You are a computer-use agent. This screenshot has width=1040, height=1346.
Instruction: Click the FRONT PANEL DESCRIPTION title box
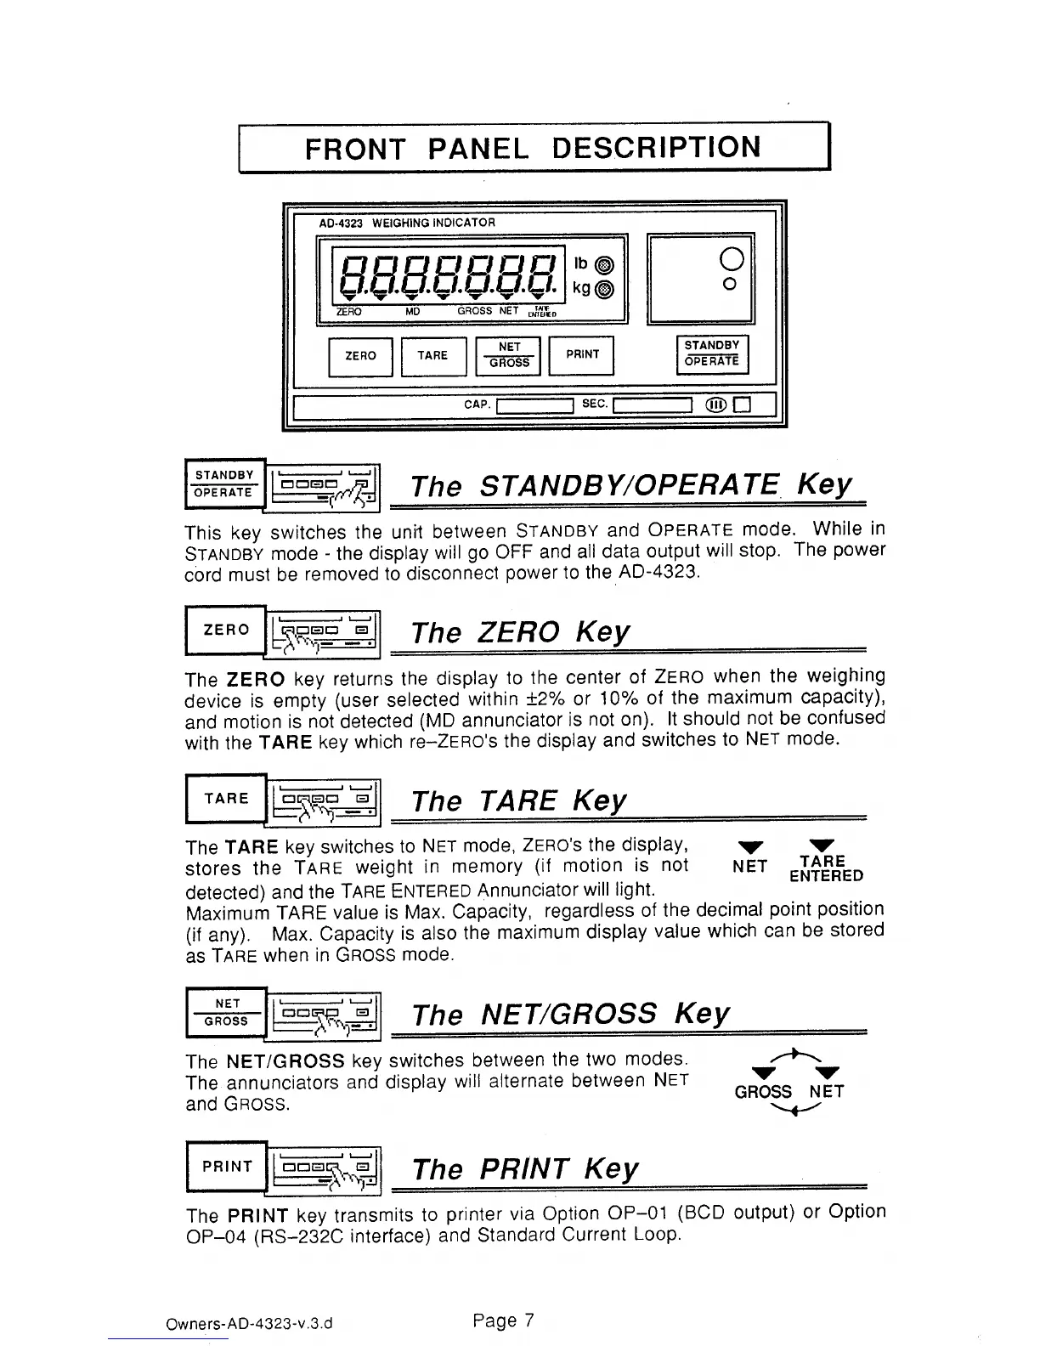533,148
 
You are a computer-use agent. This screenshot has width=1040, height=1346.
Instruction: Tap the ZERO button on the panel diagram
360,356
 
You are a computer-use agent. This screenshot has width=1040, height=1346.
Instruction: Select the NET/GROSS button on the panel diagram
509,355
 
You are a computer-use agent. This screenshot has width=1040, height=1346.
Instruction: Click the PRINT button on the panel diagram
582,354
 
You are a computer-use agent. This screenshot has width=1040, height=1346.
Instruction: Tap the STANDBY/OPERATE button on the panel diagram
712,353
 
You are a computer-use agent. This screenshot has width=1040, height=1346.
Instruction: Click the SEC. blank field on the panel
653,405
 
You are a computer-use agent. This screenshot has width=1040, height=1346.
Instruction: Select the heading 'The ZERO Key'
520,632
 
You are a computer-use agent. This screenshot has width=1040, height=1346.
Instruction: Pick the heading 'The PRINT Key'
523,1168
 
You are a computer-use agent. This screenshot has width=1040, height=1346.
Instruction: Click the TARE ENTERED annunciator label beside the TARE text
825,869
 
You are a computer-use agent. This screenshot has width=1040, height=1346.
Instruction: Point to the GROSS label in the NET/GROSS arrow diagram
763,1092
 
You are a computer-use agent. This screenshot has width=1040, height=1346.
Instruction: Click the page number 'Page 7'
503,1321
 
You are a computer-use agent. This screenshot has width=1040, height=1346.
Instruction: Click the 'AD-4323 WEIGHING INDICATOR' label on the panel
406,223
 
